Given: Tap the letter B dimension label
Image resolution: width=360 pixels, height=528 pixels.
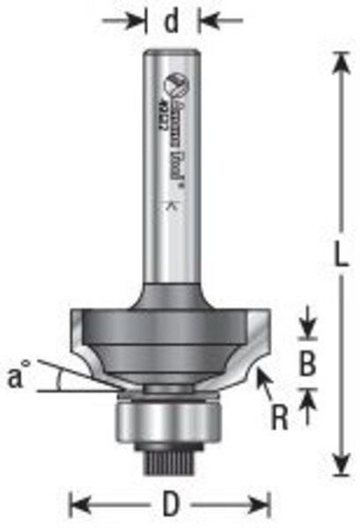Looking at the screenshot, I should click(307, 363).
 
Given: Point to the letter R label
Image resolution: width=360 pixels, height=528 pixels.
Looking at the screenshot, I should click(280, 416).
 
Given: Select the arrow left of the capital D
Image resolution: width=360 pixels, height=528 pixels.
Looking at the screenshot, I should click(79, 504).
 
